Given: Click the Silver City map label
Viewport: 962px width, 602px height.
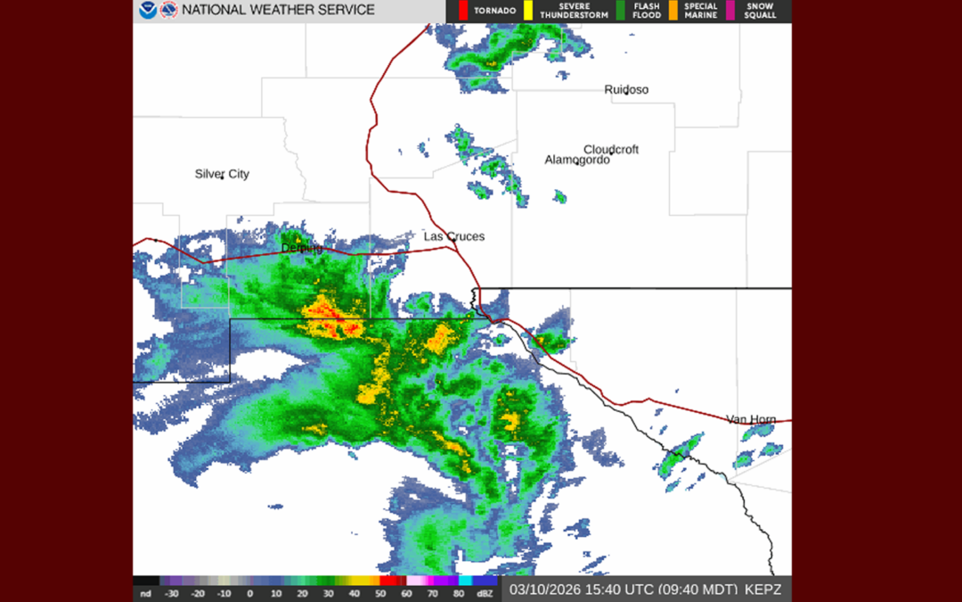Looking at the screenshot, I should [x=222, y=174].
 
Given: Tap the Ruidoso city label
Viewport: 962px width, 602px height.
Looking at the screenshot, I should [x=626, y=89].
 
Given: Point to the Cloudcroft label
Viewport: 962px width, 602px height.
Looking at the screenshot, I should [x=611, y=149].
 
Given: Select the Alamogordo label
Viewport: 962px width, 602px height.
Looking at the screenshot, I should [x=577, y=160].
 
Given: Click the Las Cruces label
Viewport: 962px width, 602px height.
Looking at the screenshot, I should [x=454, y=236].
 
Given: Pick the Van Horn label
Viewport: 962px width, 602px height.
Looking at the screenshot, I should [x=751, y=419].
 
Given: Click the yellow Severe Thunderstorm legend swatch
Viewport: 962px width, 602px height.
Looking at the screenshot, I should [x=527, y=11].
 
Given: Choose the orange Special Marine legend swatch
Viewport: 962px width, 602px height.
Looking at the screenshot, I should [x=673, y=11].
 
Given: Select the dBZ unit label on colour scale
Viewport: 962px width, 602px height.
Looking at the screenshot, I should [x=485, y=593].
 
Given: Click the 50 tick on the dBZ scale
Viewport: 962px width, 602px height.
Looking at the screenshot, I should [x=380, y=593].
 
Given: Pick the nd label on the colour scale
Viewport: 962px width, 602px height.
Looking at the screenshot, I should [x=146, y=593].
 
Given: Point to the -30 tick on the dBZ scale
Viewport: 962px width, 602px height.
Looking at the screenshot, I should [x=172, y=593].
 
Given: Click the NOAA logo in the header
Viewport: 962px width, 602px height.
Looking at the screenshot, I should [x=147, y=11].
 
